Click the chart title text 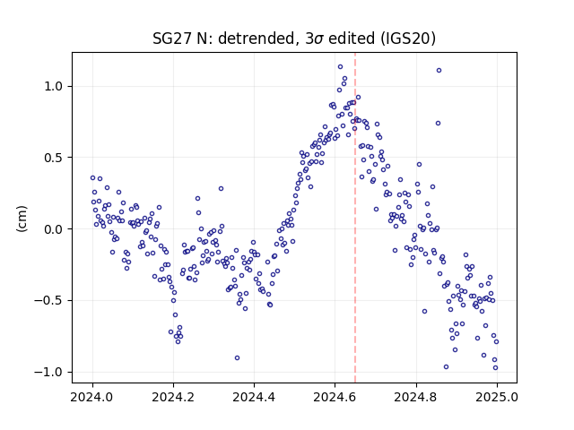tap(294, 39)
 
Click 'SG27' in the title tap(172, 39)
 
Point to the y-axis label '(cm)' tap(22, 219)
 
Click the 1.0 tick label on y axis tap(54, 87)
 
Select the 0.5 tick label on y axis tap(54, 158)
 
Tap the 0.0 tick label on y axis tap(54, 229)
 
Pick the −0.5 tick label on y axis tap(48, 301)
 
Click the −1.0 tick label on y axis tap(48, 372)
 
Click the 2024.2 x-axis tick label tap(173, 397)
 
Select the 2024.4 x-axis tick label tap(254, 397)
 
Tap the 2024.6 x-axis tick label tap(335, 397)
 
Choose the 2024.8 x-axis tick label tap(415, 397)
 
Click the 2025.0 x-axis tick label tap(497, 397)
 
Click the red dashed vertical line tap(355, 218)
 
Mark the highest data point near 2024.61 tap(340, 67)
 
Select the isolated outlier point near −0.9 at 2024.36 tap(237, 358)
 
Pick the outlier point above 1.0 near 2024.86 tap(439, 71)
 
